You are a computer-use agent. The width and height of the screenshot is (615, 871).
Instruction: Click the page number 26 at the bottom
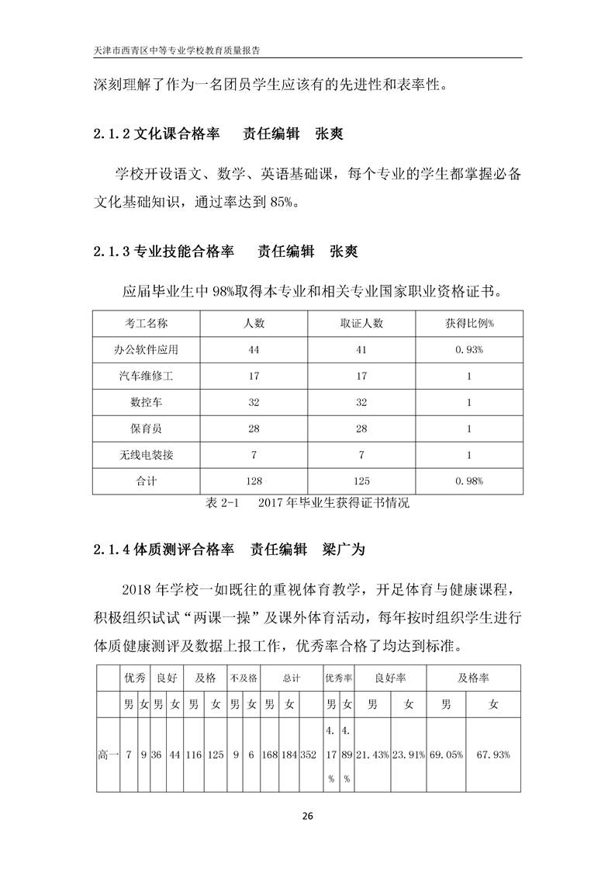307,816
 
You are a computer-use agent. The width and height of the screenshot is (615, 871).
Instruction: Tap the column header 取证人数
361,323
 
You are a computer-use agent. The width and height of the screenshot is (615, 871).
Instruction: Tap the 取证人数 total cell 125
361,481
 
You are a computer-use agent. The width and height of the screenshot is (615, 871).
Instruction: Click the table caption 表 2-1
222,503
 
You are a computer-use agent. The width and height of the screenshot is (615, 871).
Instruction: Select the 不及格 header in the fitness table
244,678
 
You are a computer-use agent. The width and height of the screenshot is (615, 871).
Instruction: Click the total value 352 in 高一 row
308,754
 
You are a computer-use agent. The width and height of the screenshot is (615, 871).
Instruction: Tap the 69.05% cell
446,754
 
